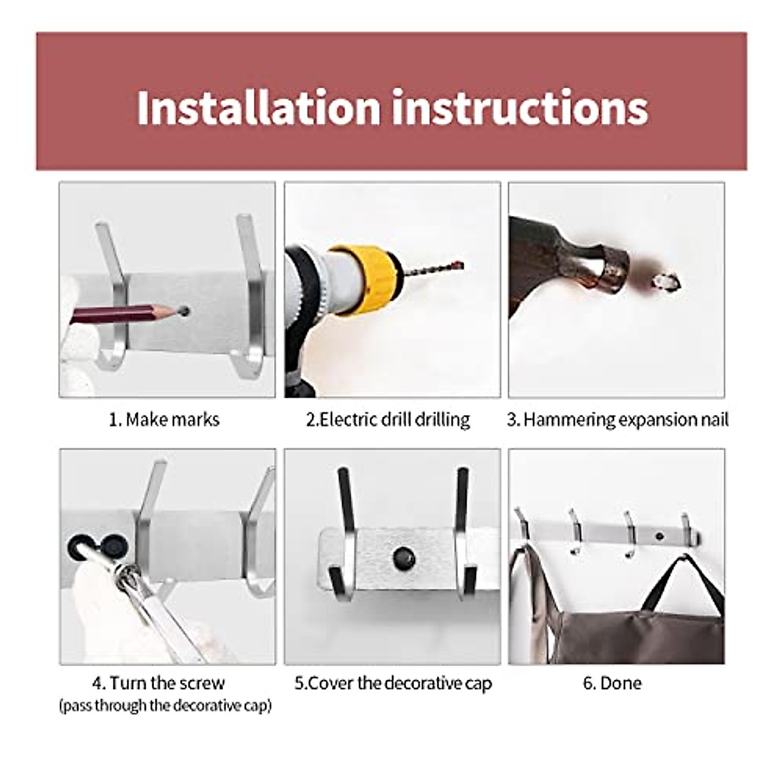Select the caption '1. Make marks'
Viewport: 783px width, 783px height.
click(x=164, y=419)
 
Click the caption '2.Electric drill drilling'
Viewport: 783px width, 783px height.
click(x=388, y=419)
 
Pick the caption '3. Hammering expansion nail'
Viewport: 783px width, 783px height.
click(x=617, y=419)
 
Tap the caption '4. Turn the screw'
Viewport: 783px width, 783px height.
click(x=159, y=683)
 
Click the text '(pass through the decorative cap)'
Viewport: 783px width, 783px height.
click(x=165, y=706)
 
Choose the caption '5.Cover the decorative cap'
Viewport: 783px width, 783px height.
click(x=393, y=683)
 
